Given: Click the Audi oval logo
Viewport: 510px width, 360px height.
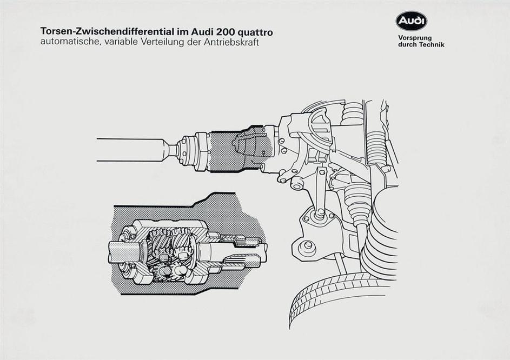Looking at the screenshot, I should [x=411, y=21].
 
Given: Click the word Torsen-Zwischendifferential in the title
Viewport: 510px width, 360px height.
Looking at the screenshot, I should [x=102, y=32].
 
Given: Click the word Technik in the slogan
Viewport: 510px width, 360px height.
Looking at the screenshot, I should [x=429, y=45].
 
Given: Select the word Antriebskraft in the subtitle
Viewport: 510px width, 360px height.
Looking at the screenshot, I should [x=233, y=42].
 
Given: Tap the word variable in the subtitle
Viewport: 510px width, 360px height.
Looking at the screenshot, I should [x=114, y=42].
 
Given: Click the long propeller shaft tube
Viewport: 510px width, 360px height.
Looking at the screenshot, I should [x=130, y=149].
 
